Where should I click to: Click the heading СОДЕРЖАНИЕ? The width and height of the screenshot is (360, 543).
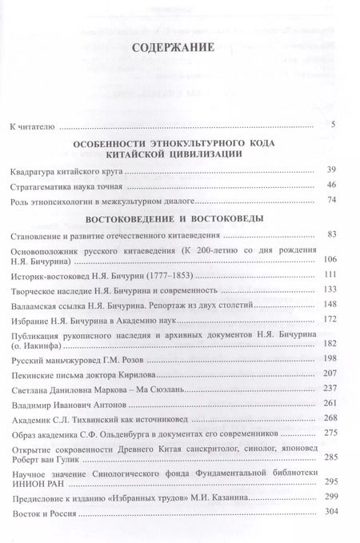(x=179, y=66)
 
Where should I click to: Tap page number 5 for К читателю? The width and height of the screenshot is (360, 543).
(x=342, y=126)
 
